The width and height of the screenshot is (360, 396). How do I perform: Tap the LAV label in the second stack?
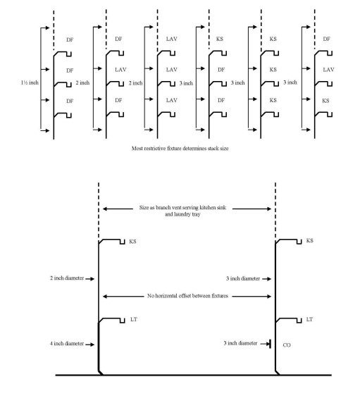pyautogui.click(x=120, y=70)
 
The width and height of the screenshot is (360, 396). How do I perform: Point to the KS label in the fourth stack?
pyautogui.click(x=221, y=39)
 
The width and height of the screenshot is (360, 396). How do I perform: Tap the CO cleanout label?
pyautogui.click(x=287, y=346)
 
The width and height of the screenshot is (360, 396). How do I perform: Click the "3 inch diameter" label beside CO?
pyautogui.click(x=239, y=343)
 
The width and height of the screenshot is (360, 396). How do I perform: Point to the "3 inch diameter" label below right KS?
pyautogui.click(x=239, y=278)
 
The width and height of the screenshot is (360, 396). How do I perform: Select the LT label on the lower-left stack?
pyautogui.click(x=135, y=319)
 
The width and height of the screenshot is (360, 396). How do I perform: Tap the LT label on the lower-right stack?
pyautogui.click(x=308, y=319)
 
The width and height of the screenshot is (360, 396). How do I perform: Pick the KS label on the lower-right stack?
pyautogui.click(x=309, y=241)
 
